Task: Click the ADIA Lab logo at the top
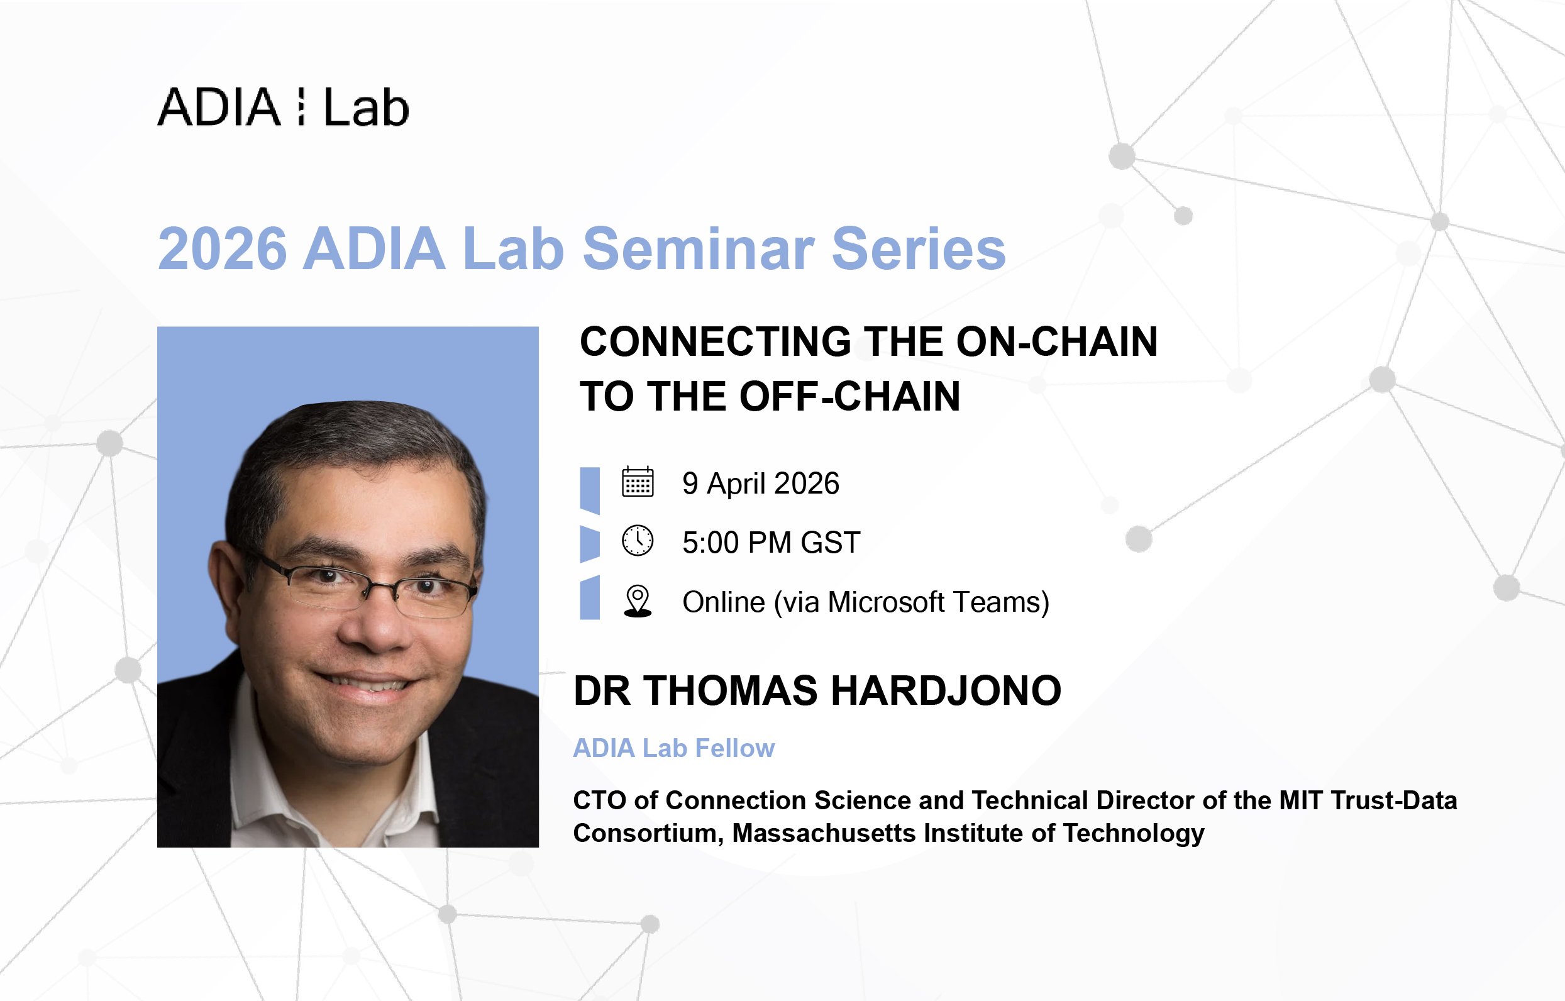click(283, 108)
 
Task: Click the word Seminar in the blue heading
click(698, 249)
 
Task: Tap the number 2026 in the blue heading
click(221, 249)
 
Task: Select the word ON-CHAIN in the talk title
click(1057, 342)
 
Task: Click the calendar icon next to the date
click(638, 482)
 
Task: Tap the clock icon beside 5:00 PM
click(638, 541)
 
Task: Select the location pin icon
click(638, 600)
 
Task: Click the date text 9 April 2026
click(760, 484)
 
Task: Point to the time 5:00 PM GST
click(771, 543)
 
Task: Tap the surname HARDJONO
click(946, 691)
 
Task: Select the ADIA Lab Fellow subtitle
click(673, 748)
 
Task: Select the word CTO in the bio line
click(599, 801)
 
